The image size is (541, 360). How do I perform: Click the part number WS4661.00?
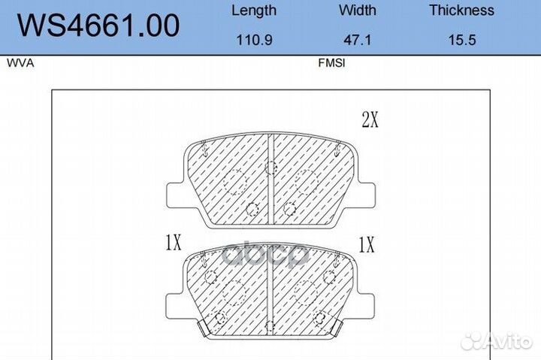coord(98,26)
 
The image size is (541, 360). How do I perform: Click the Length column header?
coord(254,11)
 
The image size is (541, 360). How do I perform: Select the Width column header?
coord(357,10)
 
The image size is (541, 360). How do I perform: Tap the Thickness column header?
coord(461,10)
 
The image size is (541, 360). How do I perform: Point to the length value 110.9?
coord(254,40)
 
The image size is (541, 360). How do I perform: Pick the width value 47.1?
coord(358,40)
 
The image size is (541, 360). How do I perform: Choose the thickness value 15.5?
coord(462,40)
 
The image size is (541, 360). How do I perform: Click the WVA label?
coord(20,63)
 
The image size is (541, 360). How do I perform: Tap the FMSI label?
coord(331,63)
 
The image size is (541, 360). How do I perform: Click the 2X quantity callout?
coord(370,119)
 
